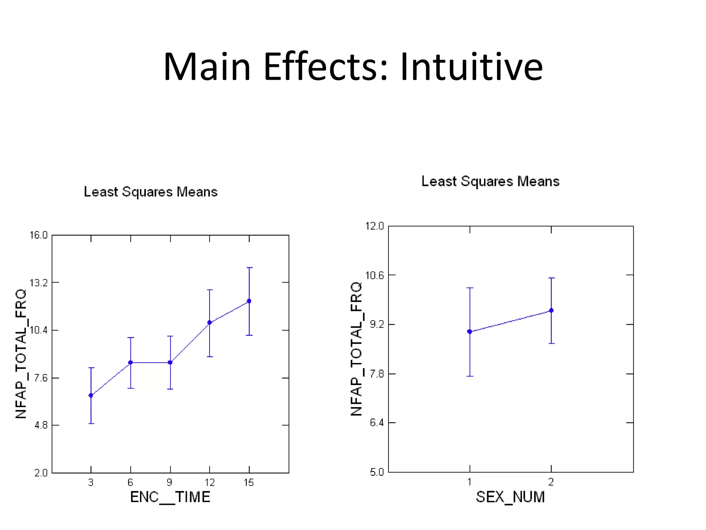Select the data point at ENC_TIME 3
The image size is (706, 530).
click(91, 395)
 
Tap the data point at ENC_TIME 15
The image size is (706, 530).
click(249, 301)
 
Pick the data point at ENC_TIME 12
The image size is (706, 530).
click(210, 323)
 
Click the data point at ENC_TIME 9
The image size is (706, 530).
click(170, 363)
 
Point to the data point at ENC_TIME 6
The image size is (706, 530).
click(131, 363)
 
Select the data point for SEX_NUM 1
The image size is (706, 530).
click(470, 332)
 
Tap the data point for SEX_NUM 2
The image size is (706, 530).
click(551, 311)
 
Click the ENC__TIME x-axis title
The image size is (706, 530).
click(170, 497)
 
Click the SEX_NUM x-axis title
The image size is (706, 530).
click(510, 497)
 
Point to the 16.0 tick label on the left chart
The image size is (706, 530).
click(38, 235)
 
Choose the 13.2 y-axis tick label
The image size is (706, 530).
click(38, 283)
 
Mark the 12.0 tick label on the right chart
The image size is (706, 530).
click(374, 226)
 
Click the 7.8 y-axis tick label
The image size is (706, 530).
click(376, 374)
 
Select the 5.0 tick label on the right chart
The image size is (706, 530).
click(376, 472)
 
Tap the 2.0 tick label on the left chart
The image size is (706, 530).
click(41, 473)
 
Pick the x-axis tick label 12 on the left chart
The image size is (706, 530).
click(210, 482)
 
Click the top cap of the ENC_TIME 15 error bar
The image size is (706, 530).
click(249, 268)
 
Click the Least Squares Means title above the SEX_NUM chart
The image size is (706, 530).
click(490, 181)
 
